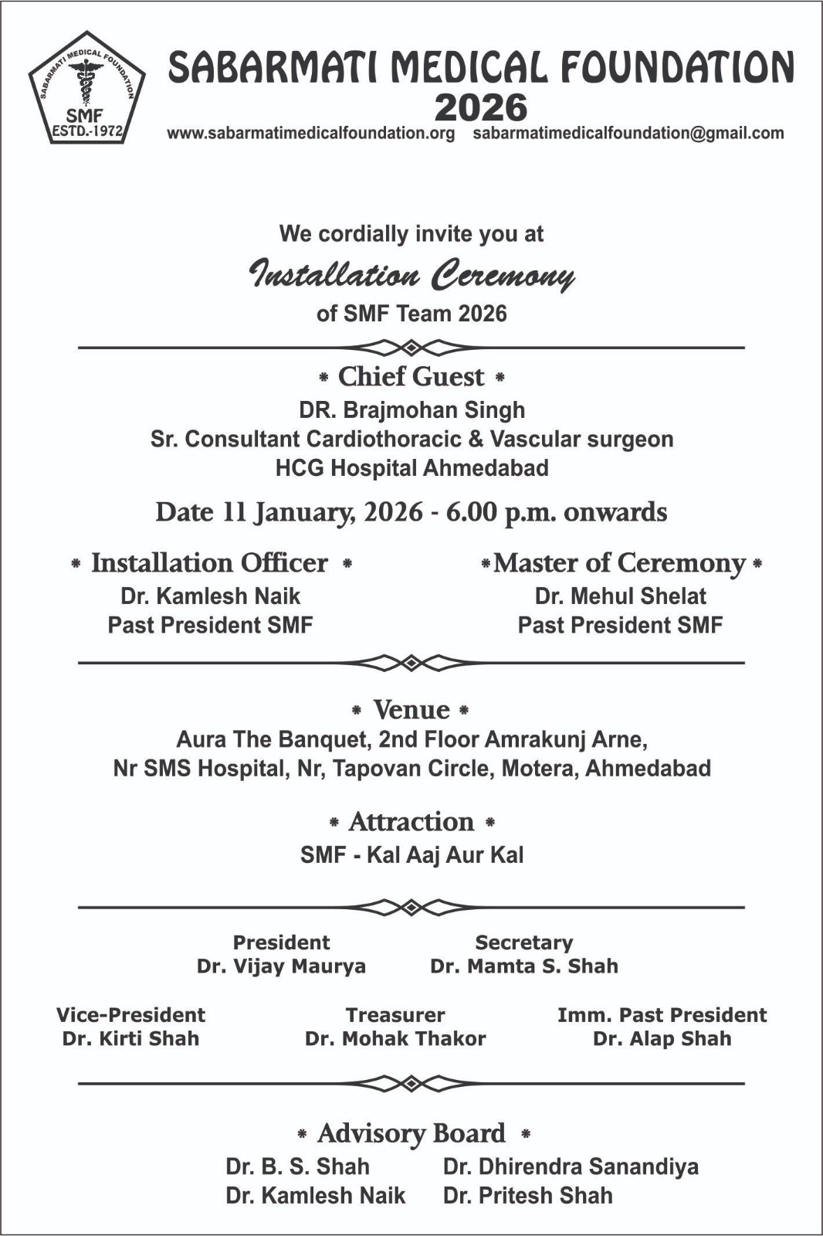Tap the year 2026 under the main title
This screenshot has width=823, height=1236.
pyautogui.click(x=480, y=108)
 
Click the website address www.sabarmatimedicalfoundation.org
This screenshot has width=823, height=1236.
pyautogui.click(x=311, y=133)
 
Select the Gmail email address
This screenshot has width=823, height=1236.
pyautogui.click(x=628, y=133)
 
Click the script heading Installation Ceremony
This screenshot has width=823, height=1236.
pyautogui.click(x=411, y=275)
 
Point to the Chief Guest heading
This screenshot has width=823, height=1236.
pyautogui.click(x=411, y=377)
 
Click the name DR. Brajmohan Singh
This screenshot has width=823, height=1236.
pyautogui.click(x=411, y=409)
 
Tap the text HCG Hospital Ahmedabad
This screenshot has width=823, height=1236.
pyautogui.click(x=411, y=468)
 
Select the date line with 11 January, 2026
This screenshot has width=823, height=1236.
pyautogui.click(x=411, y=512)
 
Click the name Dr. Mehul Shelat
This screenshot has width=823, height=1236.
pyautogui.click(x=620, y=596)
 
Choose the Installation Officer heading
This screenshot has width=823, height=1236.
pyautogui.click(x=210, y=563)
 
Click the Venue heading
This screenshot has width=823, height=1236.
pyautogui.click(x=411, y=709)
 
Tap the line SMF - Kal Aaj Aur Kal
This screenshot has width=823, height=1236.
pyautogui.click(x=411, y=855)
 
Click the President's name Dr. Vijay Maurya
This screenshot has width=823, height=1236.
pyautogui.click(x=281, y=966)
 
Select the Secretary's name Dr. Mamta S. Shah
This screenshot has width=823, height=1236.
pyautogui.click(x=524, y=966)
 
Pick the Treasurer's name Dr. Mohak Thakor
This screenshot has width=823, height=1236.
pyautogui.click(x=395, y=1038)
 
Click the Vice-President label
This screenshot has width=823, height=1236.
pyautogui.click(x=130, y=1015)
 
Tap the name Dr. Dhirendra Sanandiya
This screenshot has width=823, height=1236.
pyautogui.click(x=571, y=1166)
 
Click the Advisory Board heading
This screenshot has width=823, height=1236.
pyautogui.click(x=411, y=1133)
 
